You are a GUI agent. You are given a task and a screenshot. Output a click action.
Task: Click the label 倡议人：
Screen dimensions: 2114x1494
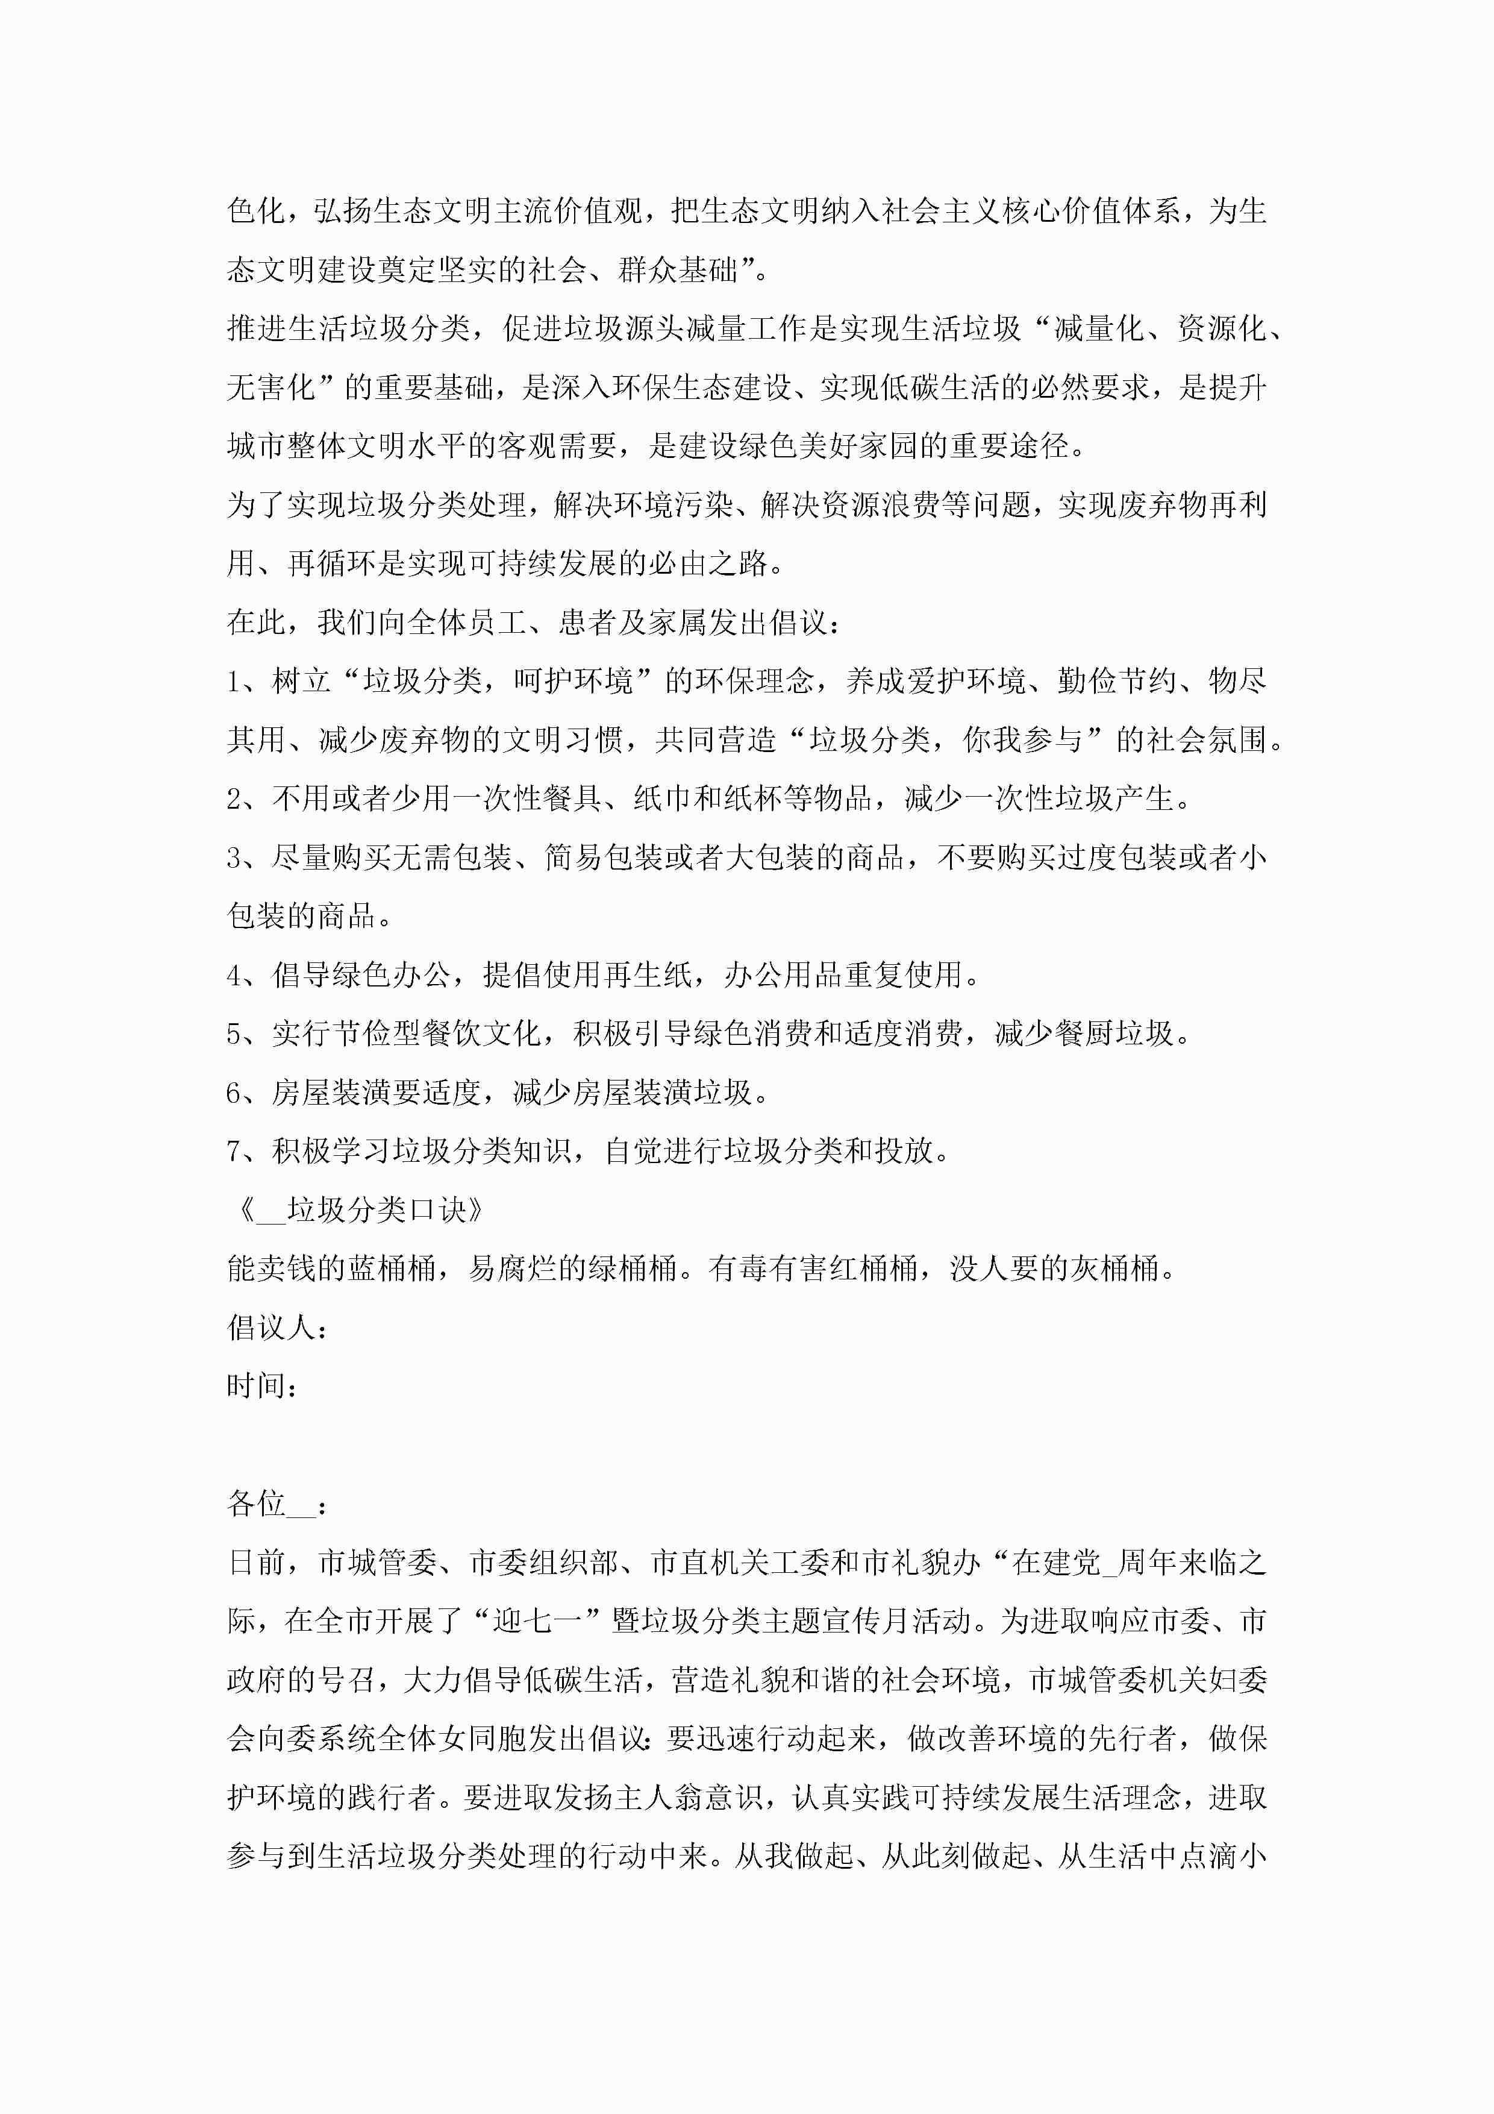276,1328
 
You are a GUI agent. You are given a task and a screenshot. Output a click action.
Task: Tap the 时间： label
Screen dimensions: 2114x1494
261,1387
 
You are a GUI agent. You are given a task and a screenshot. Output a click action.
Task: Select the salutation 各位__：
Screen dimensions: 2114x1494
276,1505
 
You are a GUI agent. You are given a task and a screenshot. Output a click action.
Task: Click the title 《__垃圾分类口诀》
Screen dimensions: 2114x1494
360,1210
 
